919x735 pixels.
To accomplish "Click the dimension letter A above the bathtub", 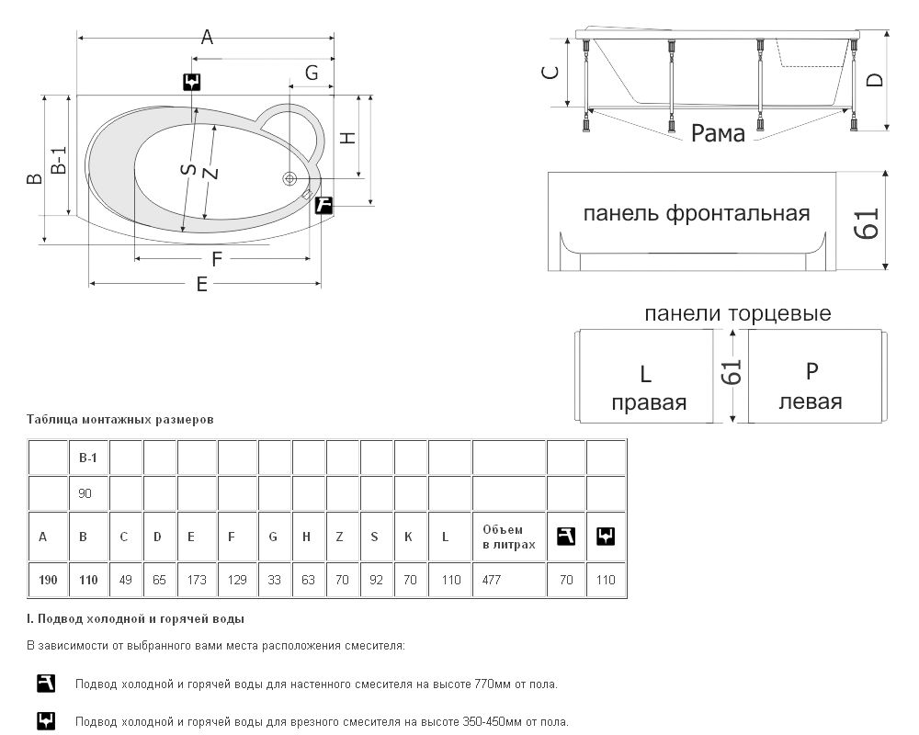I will (x=207, y=38).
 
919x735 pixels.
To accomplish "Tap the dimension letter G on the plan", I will (x=312, y=73).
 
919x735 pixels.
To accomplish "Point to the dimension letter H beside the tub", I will (x=347, y=138).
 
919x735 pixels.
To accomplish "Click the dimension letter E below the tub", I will (x=201, y=285).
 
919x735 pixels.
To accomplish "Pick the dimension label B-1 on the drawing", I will (x=58, y=162).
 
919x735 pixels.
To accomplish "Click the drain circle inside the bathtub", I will (x=290, y=178).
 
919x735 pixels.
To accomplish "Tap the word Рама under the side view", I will (x=718, y=134).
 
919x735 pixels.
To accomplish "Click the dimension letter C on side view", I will (x=550, y=73).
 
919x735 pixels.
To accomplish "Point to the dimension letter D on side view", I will (x=875, y=79).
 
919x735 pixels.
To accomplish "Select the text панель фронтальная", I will (x=697, y=214).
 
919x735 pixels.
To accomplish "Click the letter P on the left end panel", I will (x=811, y=371).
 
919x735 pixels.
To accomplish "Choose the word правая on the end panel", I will (x=649, y=402).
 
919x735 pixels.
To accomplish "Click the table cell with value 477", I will (x=509, y=581).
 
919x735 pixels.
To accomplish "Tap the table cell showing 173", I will (x=197, y=581).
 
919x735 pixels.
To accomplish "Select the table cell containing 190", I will (x=49, y=581).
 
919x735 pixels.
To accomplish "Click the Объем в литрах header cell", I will (x=509, y=537).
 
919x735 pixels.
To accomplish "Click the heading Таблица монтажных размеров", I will (x=120, y=419).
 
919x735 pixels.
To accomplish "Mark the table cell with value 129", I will (x=237, y=581).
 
